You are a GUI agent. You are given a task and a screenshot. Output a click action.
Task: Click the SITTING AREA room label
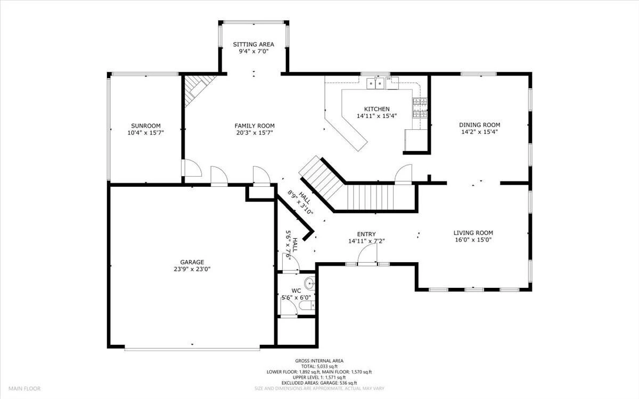click(253, 45)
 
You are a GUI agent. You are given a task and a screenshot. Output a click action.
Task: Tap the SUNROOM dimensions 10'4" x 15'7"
click(145, 132)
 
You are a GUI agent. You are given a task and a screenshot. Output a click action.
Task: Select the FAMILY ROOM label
click(255, 126)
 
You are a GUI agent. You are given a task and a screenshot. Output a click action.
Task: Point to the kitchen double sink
click(375, 83)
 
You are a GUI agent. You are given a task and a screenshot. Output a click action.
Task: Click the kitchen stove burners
click(420, 107)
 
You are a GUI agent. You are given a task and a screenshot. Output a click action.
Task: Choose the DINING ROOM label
click(480, 125)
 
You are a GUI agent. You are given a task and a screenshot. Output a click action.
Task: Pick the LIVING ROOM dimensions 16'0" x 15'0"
click(473, 240)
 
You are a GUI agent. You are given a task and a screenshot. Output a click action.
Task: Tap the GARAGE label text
click(192, 262)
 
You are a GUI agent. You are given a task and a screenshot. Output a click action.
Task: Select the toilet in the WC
click(307, 306)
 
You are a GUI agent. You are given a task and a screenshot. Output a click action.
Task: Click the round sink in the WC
click(309, 284)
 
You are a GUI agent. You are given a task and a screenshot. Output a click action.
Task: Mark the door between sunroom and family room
click(192, 168)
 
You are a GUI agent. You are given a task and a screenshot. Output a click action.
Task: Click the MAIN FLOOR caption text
click(24, 388)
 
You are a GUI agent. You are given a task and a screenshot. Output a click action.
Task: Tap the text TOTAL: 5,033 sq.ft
click(319, 367)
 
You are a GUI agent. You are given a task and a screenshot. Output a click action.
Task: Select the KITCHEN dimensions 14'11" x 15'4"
click(376, 116)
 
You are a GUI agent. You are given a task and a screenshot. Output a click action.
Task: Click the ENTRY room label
click(366, 234)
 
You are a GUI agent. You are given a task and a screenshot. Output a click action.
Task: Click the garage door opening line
click(192, 348)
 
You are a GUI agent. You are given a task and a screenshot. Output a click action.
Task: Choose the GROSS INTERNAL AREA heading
click(319, 361)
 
